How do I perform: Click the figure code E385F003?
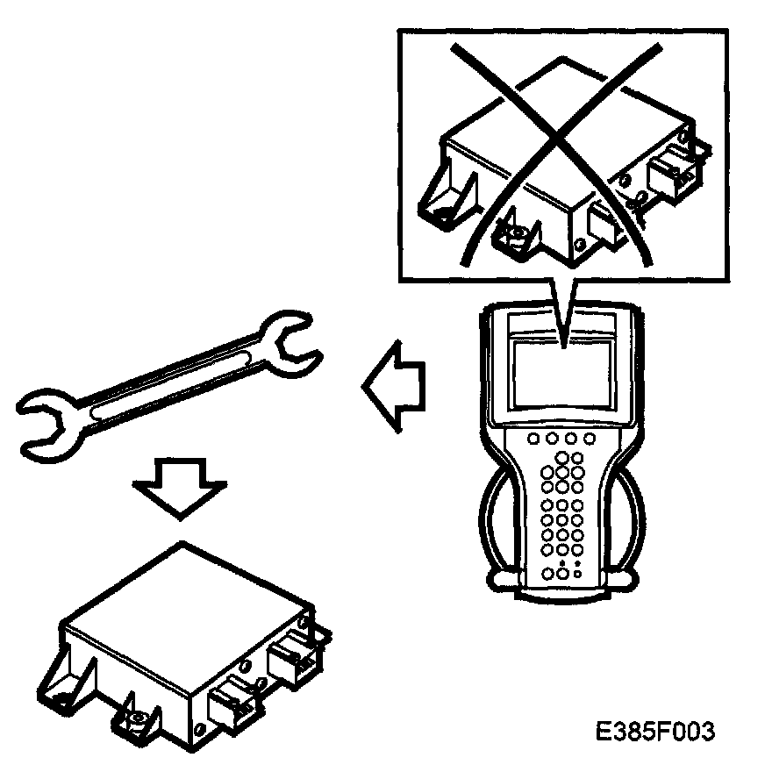pos(654,732)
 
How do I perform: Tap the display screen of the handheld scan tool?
pos(561,372)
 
